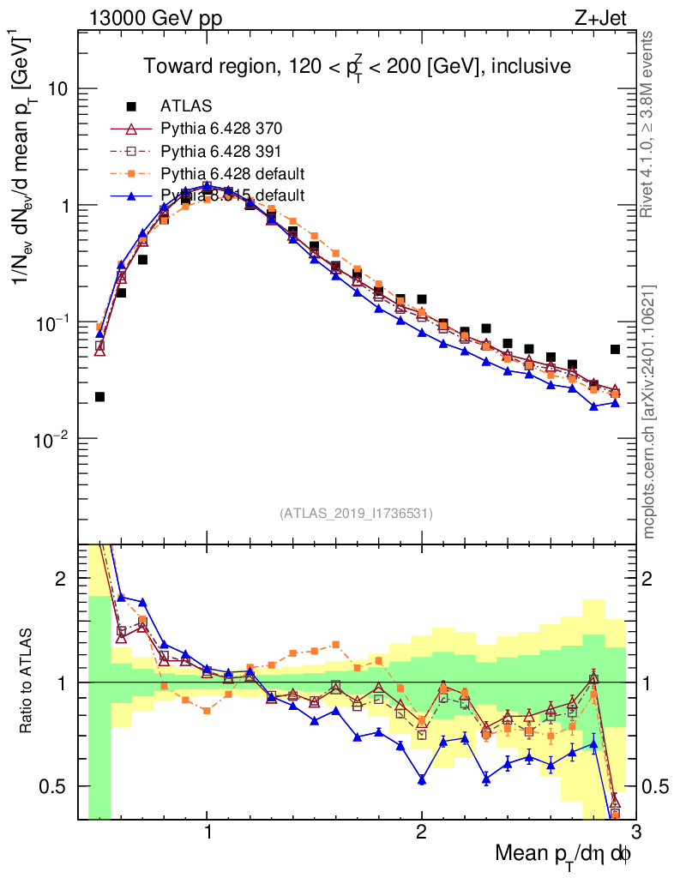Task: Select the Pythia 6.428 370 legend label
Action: pos(221,129)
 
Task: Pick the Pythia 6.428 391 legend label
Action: pos(221,152)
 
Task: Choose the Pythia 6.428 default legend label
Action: pos(232,174)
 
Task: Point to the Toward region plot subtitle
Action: pos(357,65)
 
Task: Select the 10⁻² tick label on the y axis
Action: pos(53,439)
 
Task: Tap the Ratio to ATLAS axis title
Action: pos(27,682)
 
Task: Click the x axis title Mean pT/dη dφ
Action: pos(563,854)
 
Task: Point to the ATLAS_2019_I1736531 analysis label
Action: pos(356,514)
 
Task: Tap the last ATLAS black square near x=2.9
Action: pos(615,349)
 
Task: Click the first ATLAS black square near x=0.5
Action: pos(99,396)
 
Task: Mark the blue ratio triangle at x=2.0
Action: pos(422,779)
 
